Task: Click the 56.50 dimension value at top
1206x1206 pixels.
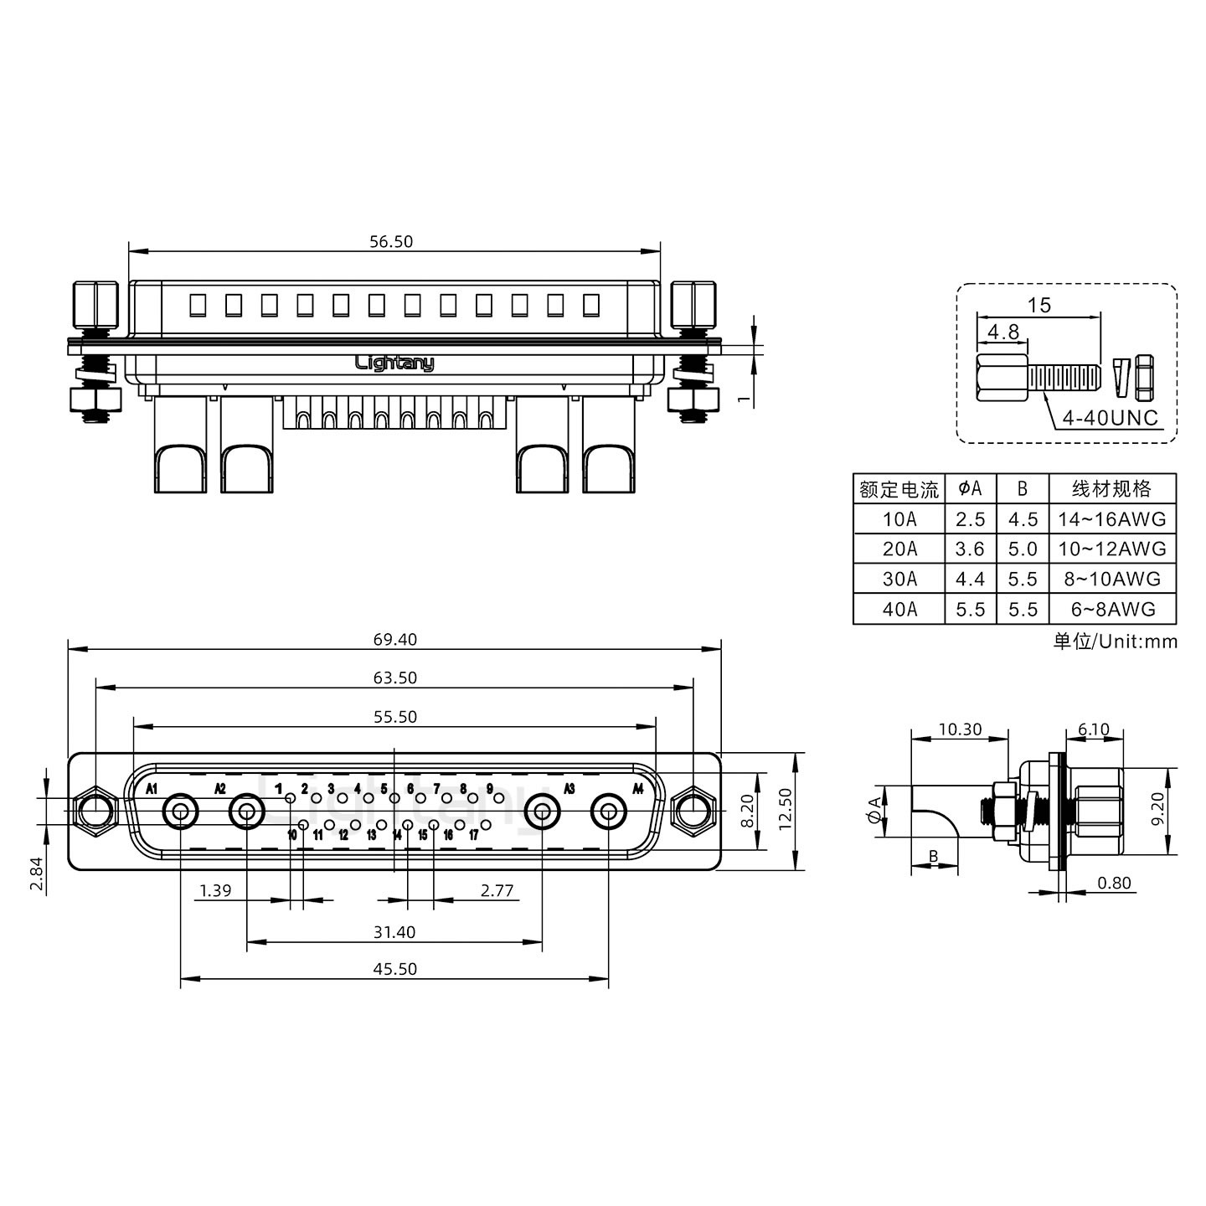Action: (x=391, y=242)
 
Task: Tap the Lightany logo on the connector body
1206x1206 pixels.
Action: (x=394, y=363)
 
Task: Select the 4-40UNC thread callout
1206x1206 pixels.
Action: (x=1110, y=417)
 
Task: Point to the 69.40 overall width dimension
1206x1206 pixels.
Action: (x=394, y=640)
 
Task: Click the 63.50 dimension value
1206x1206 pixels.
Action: (x=394, y=678)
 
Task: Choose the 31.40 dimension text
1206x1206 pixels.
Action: (x=394, y=932)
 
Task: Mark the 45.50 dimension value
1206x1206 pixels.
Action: (x=394, y=969)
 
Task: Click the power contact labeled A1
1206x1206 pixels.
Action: (x=180, y=812)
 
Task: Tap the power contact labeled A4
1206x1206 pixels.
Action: (x=608, y=812)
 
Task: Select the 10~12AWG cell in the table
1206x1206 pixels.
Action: (x=1111, y=549)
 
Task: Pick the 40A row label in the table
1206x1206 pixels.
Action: (x=899, y=609)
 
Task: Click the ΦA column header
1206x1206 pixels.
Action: (x=970, y=488)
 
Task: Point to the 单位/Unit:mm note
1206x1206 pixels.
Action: (x=1115, y=642)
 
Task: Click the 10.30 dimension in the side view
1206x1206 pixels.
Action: (x=960, y=729)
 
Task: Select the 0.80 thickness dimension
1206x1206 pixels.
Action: (x=1114, y=883)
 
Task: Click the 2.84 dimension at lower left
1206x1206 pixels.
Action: (x=36, y=874)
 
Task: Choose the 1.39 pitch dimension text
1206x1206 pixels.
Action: (x=215, y=890)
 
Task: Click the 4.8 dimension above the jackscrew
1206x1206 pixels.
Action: (x=1002, y=332)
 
